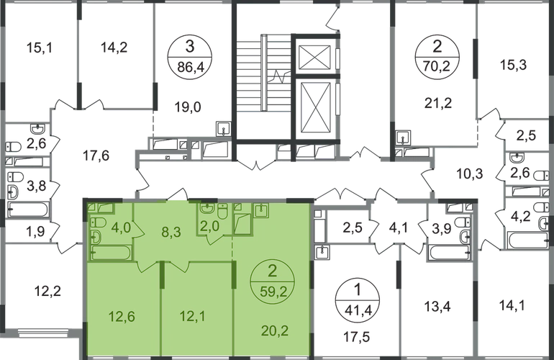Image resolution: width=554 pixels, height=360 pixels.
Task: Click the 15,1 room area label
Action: pyautogui.click(x=40, y=48)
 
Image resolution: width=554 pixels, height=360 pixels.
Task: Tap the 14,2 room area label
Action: pyautogui.click(x=114, y=47)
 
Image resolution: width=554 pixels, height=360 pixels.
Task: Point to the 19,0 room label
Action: pyautogui.click(x=188, y=107)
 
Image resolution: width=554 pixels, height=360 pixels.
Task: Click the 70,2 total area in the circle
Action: pyautogui.click(x=437, y=66)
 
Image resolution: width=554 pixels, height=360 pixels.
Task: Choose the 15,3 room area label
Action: pyautogui.click(x=513, y=65)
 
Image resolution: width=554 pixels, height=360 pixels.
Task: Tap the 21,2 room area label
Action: pyautogui.click(x=438, y=103)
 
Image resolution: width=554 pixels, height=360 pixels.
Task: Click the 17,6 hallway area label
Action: pyautogui.click(x=96, y=156)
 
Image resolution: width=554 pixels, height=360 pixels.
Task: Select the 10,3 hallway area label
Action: pyautogui.click(x=470, y=174)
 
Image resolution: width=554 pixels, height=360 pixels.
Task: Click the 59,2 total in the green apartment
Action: pyautogui.click(x=273, y=292)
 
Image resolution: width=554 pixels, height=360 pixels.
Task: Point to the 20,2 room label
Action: pyautogui.click(x=276, y=331)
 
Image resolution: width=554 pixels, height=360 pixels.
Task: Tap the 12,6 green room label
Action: pyautogui.click(x=122, y=317)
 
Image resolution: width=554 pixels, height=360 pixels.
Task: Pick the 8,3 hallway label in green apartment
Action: pyautogui.click(x=171, y=233)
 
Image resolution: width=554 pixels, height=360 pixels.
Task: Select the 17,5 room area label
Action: pyautogui.click(x=357, y=337)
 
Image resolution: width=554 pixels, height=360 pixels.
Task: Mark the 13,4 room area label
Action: pyautogui.click(x=437, y=306)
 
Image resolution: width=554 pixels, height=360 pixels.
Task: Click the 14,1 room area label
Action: pyautogui.click(x=512, y=305)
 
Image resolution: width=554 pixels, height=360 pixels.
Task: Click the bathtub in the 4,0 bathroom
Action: pyautogui.click(x=110, y=253)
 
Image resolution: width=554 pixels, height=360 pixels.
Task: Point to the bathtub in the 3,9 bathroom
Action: pyautogui.click(x=449, y=253)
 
